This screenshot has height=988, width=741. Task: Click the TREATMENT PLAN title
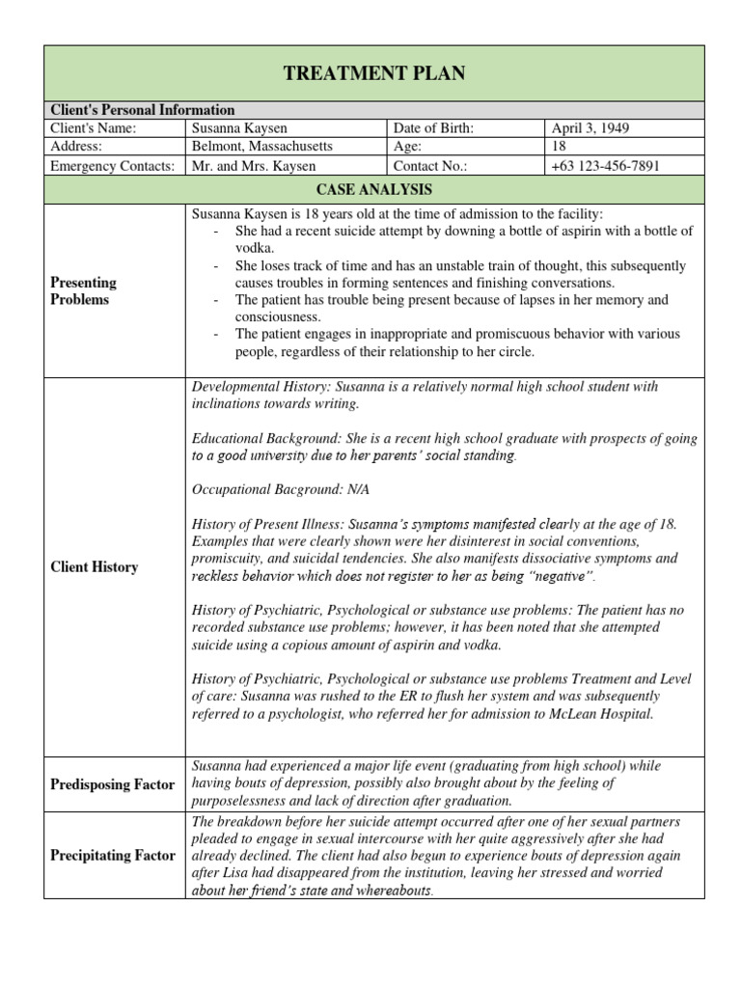coord(374,73)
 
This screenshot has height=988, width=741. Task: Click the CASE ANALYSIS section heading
coord(374,189)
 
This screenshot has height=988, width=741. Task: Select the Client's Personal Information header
coord(142,110)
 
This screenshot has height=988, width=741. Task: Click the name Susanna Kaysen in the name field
coord(241,128)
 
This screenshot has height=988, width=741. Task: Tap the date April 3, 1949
coord(590,128)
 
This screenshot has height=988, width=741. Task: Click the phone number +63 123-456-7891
coord(606,165)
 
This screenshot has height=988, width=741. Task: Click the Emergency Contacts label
coord(112,165)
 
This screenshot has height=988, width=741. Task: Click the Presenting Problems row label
coord(83,290)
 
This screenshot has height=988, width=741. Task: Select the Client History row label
coord(94,567)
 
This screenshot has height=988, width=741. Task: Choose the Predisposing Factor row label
coord(112,783)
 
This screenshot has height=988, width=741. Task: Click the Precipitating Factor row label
coord(112,855)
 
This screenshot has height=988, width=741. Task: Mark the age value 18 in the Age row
coord(560,147)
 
